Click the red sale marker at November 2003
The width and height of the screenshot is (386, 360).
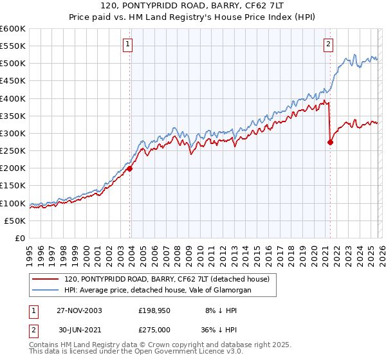[130, 168]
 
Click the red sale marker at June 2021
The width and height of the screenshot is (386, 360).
[330, 143]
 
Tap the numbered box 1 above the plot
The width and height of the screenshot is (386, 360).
[128, 44]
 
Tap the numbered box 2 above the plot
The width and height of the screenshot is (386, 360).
[328, 44]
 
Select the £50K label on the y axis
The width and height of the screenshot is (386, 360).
[15, 221]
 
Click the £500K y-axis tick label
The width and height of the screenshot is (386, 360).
[12, 64]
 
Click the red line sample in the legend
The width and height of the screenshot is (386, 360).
[46, 279]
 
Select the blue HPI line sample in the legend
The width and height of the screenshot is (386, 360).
[46, 290]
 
